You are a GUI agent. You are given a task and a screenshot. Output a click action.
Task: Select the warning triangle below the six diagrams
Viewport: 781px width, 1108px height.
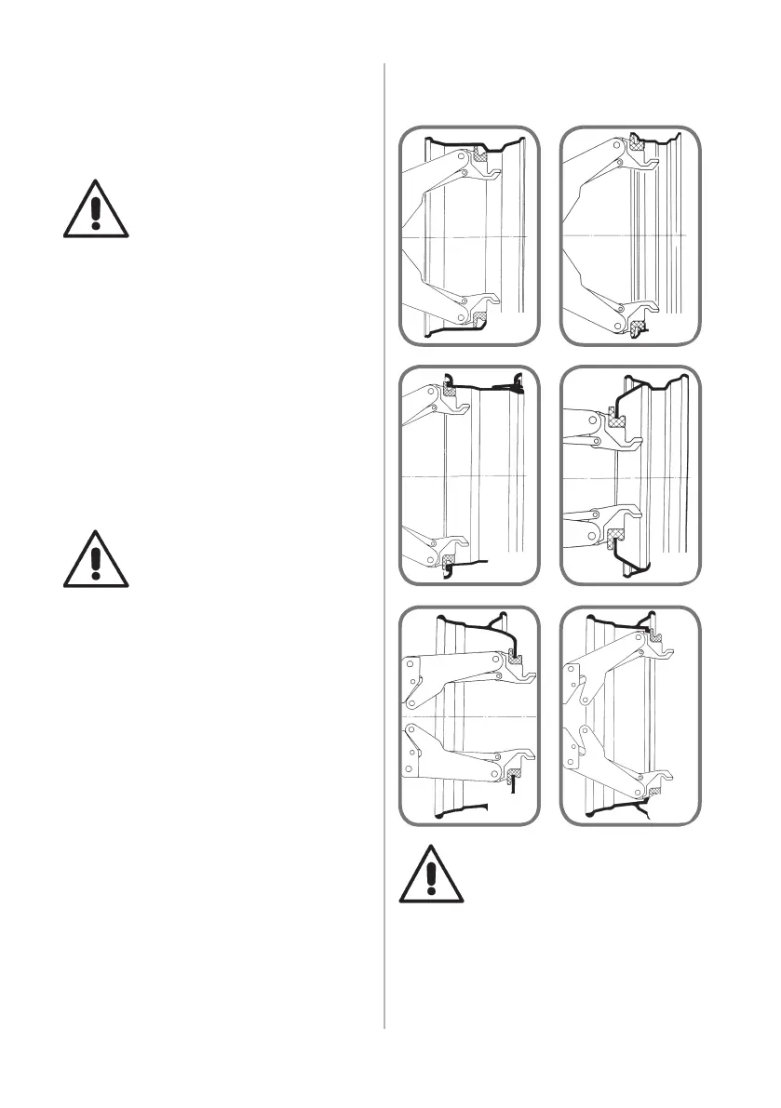click(431, 876)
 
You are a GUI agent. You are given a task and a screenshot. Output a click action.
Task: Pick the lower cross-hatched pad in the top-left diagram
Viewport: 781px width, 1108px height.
click(481, 319)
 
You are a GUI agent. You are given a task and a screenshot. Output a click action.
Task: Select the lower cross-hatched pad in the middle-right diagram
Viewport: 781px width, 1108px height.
click(613, 537)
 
